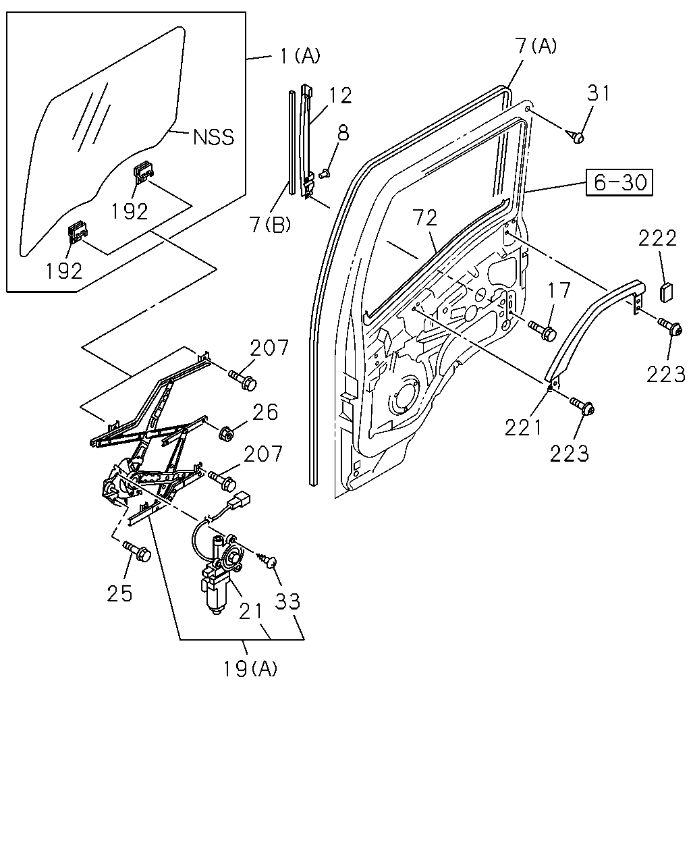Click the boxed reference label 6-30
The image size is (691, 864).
click(x=619, y=182)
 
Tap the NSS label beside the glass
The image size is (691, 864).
click(x=213, y=137)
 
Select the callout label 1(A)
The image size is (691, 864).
click(x=300, y=56)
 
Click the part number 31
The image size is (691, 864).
click(x=599, y=92)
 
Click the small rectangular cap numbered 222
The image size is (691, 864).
click(x=667, y=292)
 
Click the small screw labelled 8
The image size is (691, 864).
click(x=324, y=174)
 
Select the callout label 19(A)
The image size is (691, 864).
click(x=250, y=668)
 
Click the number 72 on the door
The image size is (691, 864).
click(x=426, y=219)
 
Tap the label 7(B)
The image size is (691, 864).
click(x=270, y=224)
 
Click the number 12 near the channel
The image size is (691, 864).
click(x=341, y=95)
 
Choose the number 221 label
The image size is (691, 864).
click(x=523, y=427)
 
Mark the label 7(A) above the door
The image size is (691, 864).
click(x=536, y=45)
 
